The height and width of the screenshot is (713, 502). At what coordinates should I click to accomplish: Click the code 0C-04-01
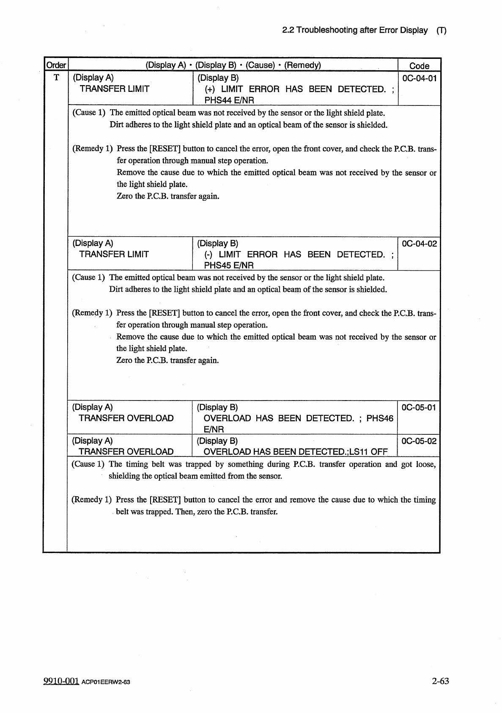[x=419, y=78]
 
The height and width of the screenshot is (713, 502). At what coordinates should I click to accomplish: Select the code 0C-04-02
[x=419, y=243]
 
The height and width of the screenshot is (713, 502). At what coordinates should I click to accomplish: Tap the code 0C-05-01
[x=418, y=407]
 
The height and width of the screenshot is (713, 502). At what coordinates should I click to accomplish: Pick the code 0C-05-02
[x=419, y=441]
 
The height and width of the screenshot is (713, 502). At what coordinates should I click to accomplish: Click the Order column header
[x=56, y=65]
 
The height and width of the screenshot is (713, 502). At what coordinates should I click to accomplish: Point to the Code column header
[x=419, y=66]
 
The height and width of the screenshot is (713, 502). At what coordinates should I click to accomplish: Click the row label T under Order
[x=56, y=78]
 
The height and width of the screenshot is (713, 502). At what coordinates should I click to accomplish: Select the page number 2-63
[x=440, y=681]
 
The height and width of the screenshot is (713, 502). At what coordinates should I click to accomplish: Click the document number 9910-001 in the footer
[x=61, y=681]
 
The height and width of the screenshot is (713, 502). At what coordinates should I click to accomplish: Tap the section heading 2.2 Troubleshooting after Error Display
[x=354, y=30]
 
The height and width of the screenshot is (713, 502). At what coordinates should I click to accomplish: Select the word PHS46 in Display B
[x=379, y=418]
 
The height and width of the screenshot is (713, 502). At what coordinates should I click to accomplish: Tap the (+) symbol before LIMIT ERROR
[x=210, y=89]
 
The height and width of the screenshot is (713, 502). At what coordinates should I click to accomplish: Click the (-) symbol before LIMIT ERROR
[x=208, y=254]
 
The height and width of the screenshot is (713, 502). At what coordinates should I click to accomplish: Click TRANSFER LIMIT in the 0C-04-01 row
[x=115, y=89]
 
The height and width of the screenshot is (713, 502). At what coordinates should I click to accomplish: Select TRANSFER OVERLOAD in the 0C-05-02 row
[x=126, y=452]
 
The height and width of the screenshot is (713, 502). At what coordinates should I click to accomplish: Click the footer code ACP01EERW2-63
[x=106, y=682]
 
